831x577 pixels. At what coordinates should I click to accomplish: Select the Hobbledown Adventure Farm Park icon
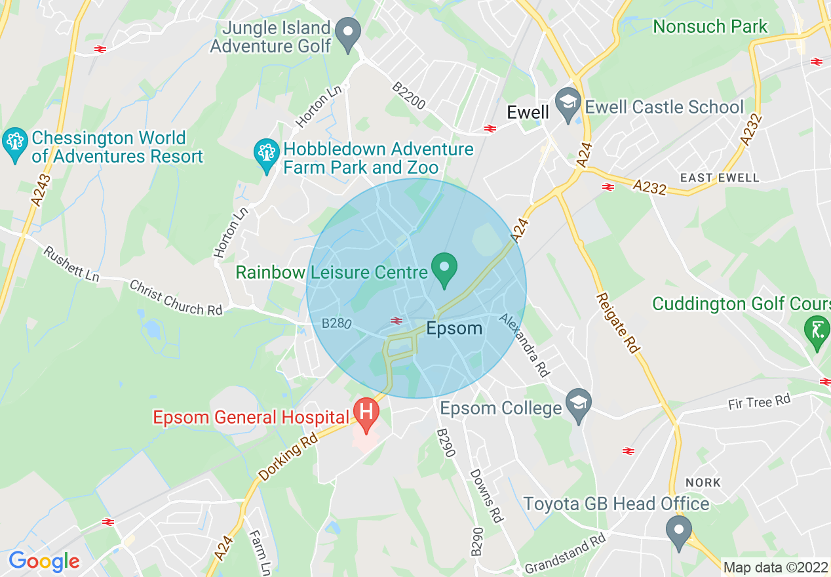267,154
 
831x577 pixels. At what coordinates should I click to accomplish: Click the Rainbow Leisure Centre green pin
444,268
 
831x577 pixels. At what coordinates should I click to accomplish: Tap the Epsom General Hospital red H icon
366,412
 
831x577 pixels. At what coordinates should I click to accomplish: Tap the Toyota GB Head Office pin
679,529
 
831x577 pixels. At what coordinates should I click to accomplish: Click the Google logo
44,561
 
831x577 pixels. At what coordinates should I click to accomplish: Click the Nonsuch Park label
710,27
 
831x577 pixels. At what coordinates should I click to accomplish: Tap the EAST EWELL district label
720,178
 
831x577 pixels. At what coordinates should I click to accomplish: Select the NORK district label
703,483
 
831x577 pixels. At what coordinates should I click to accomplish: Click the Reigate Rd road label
617,323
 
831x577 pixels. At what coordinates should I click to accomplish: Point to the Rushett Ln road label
71,264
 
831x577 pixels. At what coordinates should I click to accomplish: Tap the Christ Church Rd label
176,298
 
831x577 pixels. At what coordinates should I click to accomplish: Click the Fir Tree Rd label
759,401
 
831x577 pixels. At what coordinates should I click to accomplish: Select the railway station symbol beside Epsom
396,320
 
